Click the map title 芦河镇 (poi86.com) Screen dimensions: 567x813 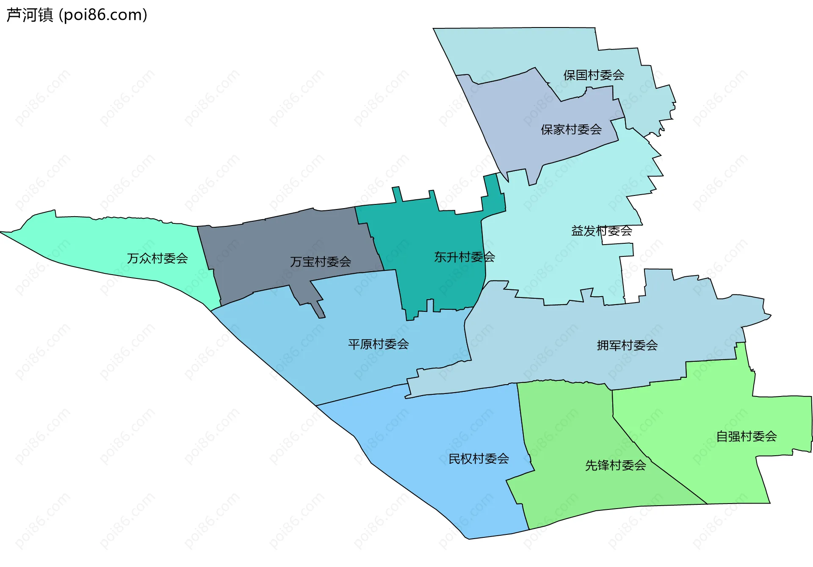click(x=77, y=15)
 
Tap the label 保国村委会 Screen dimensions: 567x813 click(x=593, y=75)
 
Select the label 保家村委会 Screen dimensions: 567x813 click(x=571, y=129)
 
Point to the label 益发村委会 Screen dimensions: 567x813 click(x=601, y=231)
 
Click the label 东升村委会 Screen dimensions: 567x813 click(x=464, y=257)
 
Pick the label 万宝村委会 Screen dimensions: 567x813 click(x=320, y=262)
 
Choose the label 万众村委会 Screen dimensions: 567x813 click(x=157, y=259)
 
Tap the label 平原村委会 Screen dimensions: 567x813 click(x=378, y=344)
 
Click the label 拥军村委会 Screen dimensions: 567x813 click(x=627, y=346)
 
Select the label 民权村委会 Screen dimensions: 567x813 click(x=478, y=459)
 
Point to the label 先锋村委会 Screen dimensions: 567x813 click(x=615, y=465)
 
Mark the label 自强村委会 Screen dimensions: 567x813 click(x=746, y=436)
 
